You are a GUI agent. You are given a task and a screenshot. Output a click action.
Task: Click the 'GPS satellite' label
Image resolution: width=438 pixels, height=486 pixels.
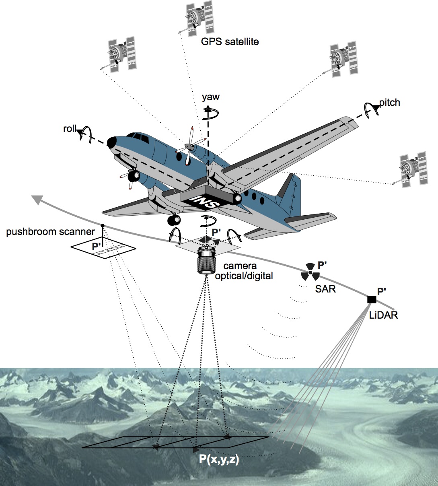(x=230, y=41)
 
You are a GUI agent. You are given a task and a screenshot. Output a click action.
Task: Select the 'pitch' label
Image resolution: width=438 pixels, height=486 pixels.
(x=389, y=103)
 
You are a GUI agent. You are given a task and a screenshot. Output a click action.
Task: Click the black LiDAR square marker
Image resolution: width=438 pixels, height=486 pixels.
(x=372, y=299)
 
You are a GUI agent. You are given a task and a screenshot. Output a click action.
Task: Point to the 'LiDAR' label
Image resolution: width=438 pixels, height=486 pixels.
(x=383, y=315)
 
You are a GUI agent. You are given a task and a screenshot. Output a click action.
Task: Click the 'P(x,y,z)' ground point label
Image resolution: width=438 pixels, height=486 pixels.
(x=219, y=459)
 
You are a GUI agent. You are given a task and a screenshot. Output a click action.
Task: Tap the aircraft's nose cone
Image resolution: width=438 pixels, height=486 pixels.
(x=111, y=142)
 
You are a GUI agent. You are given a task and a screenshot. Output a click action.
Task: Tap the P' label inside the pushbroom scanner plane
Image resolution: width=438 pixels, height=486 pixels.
(x=98, y=247)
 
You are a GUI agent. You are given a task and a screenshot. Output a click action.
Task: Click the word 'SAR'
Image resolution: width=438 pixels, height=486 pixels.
(x=326, y=288)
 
